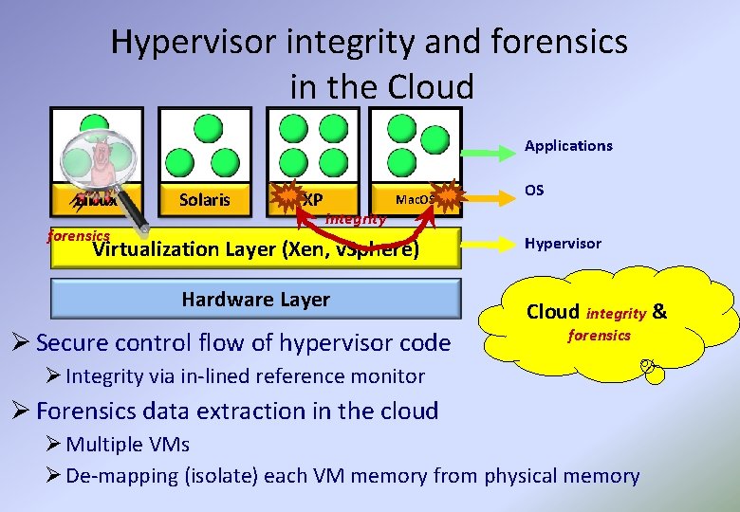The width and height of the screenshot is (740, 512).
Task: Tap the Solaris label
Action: pyautogui.click(x=204, y=199)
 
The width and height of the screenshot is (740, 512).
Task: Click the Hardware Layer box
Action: pyautogui.click(x=255, y=300)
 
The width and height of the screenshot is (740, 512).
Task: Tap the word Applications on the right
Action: pyautogui.click(x=568, y=146)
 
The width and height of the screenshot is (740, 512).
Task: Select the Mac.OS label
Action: pyautogui.click(x=415, y=199)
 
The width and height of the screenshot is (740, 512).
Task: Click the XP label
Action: pyautogui.click(x=313, y=199)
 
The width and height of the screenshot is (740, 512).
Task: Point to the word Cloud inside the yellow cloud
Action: pyautogui.click(x=552, y=312)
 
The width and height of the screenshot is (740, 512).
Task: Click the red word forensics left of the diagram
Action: pyautogui.click(x=79, y=235)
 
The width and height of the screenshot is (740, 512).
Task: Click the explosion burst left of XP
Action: pyautogui.click(x=287, y=197)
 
